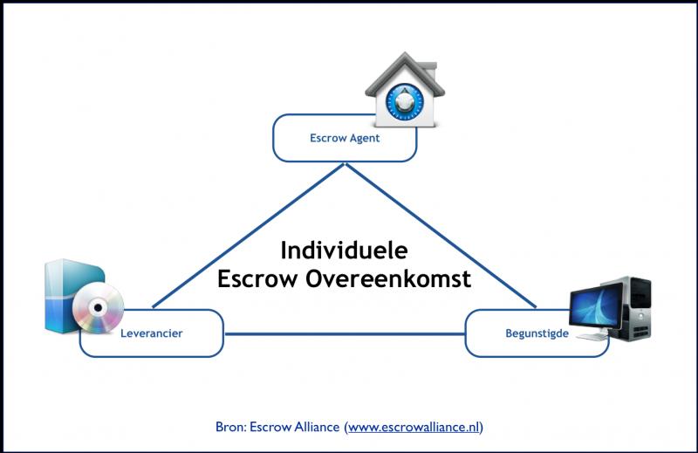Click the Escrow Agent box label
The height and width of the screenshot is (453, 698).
click(x=345, y=138)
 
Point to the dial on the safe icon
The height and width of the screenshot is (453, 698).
click(x=403, y=103)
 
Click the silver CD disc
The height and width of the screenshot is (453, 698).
click(x=98, y=307)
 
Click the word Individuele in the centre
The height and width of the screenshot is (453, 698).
click(x=344, y=251)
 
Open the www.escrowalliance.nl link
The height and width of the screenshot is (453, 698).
click(x=414, y=428)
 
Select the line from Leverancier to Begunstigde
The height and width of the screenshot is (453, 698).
click(x=345, y=333)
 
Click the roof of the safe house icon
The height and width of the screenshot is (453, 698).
click(x=403, y=68)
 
